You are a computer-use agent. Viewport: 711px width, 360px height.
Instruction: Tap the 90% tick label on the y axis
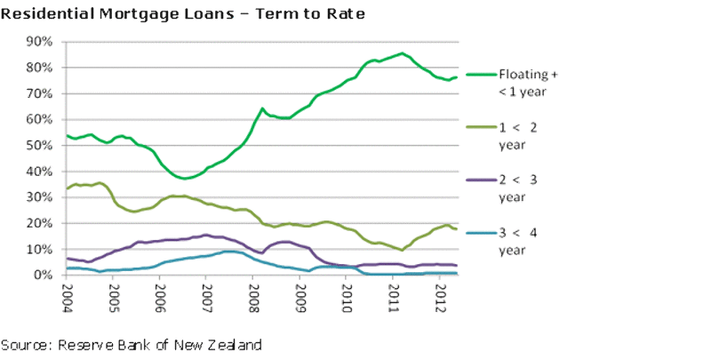[x=42, y=42]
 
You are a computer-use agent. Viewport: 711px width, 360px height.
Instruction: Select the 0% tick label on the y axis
[x=45, y=276]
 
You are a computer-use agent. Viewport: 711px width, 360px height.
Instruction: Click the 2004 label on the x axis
[x=67, y=292]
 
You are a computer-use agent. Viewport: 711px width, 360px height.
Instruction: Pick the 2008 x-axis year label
[x=253, y=292]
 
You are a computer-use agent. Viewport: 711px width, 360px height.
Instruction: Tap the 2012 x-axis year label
[x=440, y=292]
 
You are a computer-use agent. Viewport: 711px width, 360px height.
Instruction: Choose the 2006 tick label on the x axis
[x=160, y=292]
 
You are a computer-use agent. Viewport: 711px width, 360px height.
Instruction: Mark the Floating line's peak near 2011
[x=402, y=53]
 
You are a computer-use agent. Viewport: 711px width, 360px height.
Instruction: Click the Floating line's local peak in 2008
[x=262, y=108]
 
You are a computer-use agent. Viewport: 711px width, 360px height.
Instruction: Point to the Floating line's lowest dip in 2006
[x=184, y=179]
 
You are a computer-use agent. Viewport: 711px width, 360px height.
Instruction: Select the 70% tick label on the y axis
[x=42, y=93]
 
